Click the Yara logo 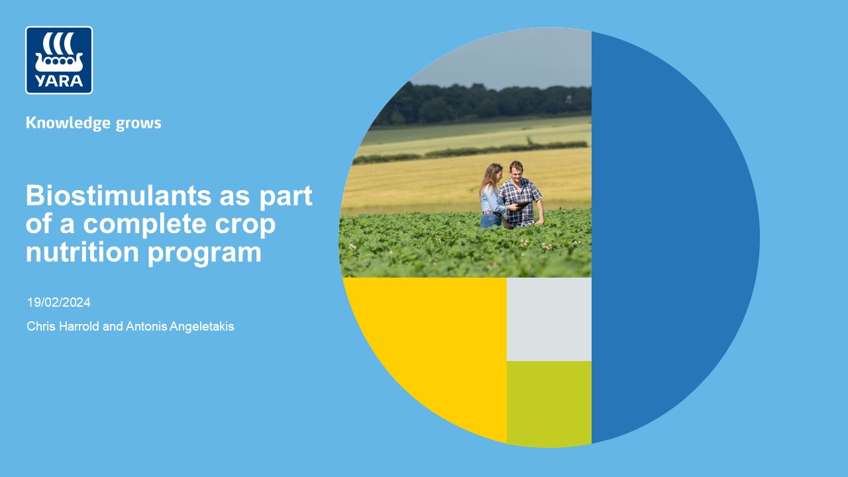pos(59,60)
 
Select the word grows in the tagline pos(138,124)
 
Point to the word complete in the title pos(144,225)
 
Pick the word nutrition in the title pos(83,252)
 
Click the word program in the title pos(205,254)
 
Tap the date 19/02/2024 pos(59,303)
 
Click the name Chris pos(41,327)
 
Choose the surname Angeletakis pos(202,327)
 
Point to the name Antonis pos(146,327)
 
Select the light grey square pos(549,319)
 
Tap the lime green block pos(549,403)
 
